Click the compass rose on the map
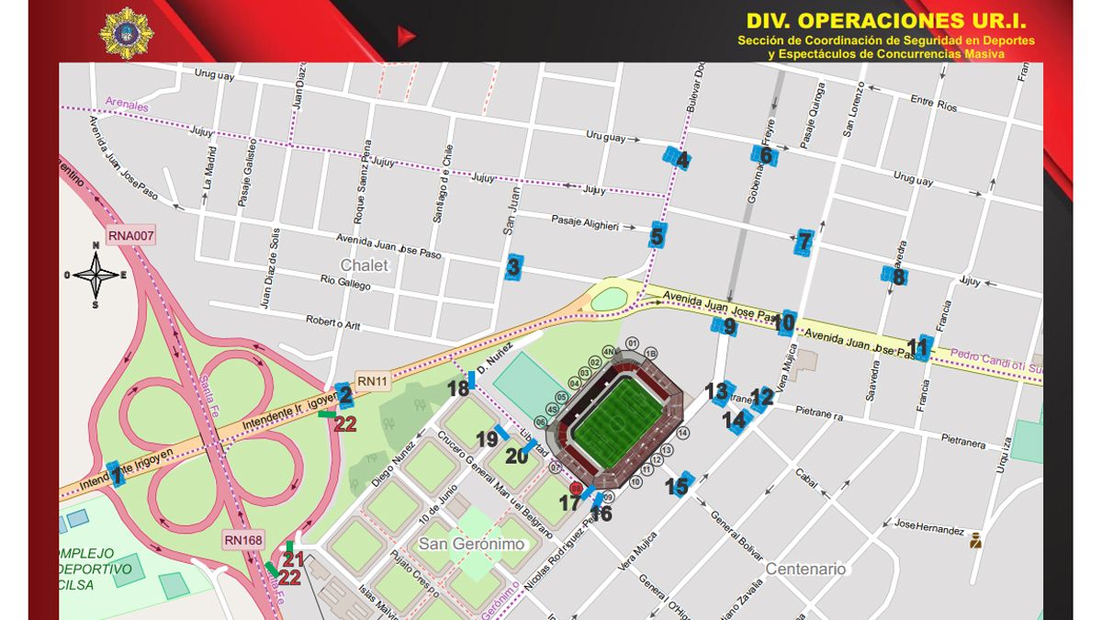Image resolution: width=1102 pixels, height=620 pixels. click(96, 274)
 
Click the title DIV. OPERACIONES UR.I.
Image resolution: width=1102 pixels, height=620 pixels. click(885, 21)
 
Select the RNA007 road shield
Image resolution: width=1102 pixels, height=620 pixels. click(131, 236)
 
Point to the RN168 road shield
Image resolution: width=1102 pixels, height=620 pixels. click(242, 540)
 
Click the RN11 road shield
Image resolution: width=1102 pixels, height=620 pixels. click(373, 380)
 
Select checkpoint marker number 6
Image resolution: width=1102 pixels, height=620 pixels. click(764, 155)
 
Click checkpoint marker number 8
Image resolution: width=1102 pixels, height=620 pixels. click(895, 276)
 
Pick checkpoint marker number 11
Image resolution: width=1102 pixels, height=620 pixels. click(918, 347)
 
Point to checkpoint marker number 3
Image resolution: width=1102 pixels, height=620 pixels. click(514, 267)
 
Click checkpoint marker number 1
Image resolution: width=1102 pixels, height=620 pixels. click(116, 474)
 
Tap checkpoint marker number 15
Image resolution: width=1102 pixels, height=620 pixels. click(679, 484)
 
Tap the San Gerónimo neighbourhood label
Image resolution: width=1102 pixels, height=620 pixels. click(471, 544)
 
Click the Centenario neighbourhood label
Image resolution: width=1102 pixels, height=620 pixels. click(805, 569)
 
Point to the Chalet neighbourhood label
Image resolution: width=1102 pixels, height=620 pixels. click(365, 265)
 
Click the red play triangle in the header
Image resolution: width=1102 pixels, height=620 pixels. click(405, 36)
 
